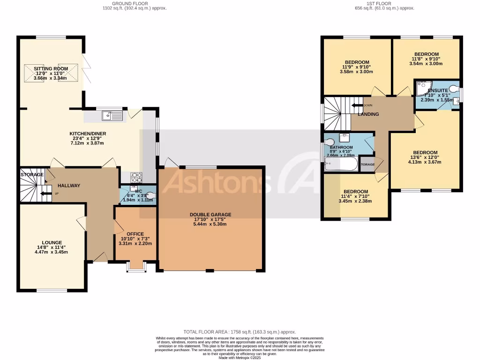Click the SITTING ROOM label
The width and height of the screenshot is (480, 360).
click(51, 68)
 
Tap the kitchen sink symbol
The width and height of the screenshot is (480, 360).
click(111, 115)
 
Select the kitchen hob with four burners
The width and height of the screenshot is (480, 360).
click(136, 177)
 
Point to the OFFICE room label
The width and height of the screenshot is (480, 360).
click(135, 234)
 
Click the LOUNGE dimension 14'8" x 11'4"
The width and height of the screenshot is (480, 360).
click(51, 247)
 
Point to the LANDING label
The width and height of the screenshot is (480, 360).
click(368, 114)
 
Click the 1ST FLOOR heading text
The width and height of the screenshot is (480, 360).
click(379, 3)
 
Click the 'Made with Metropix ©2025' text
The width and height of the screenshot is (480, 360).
click(240, 358)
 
